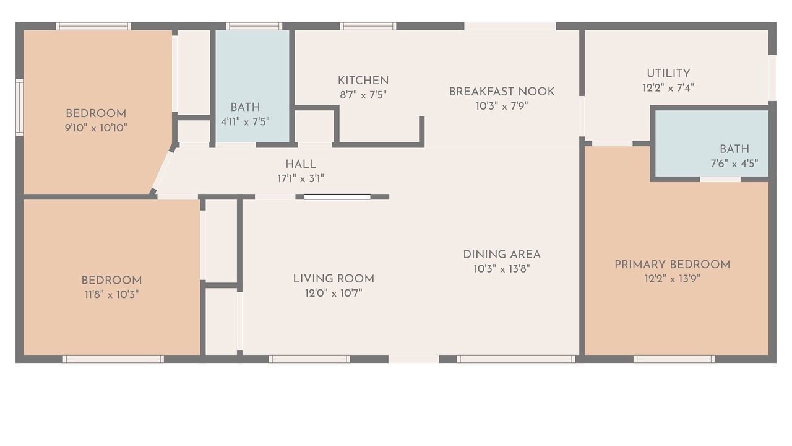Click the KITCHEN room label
pos(363,81)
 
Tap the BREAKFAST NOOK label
pos(502,92)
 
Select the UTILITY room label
pos(668,74)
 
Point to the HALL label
pos(301,164)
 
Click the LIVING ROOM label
pos(334,279)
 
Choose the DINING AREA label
pos(502,255)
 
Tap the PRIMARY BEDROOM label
pos(672,265)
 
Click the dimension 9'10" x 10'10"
pos(96,128)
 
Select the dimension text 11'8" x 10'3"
pos(111,294)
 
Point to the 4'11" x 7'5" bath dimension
pos(245,122)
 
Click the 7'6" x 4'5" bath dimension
pos(734,164)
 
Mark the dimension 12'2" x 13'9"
pos(672,279)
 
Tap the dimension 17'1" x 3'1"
pos(301,179)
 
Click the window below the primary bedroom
pos(674,359)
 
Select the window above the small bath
pos(254,26)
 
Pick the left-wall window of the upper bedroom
pos(19,107)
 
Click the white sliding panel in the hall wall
pos(337,197)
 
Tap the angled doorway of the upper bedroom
pos(163,171)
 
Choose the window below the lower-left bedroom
pos(113,359)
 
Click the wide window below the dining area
pos(516,359)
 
